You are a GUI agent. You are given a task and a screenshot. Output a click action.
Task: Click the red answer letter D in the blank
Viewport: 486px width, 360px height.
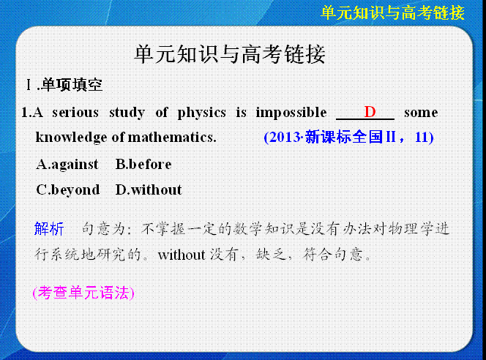[370, 112]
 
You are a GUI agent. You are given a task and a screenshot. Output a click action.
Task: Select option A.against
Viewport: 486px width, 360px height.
[67, 165]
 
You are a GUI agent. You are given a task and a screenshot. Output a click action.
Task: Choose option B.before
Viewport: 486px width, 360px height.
[143, 164]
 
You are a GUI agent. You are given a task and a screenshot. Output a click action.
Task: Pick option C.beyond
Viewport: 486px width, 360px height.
[68, 190]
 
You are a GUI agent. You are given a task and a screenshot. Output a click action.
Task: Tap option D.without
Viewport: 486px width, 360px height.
[149, 190]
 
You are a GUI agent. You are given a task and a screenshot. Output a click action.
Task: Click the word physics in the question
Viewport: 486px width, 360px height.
[201, 113]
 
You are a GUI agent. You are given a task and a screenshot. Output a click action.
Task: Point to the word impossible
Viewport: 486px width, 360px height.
[291, 113]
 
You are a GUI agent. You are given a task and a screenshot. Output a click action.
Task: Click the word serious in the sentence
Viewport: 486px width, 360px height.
[75, 113]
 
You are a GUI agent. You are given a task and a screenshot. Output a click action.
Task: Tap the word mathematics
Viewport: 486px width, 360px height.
[172, 138]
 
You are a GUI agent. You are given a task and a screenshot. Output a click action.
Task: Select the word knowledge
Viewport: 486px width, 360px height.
[72, 138]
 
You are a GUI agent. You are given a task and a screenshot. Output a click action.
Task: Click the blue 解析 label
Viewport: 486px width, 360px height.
[49, 229]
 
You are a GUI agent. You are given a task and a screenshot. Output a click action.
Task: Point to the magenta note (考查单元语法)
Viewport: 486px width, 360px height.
[83, 293]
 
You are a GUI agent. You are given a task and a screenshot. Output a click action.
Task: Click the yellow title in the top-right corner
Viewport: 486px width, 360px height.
[392, 13]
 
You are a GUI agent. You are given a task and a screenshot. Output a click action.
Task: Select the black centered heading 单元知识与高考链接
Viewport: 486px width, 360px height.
[230, 54]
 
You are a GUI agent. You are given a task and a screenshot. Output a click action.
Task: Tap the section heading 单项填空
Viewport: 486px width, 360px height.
[72, 85]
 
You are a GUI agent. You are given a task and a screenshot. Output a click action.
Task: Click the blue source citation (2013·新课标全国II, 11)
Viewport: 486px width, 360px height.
[348, 138]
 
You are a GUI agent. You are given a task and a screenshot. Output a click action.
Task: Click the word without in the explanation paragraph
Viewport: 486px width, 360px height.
[182, 255]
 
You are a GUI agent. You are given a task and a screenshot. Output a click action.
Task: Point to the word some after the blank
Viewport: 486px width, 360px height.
[421, 113]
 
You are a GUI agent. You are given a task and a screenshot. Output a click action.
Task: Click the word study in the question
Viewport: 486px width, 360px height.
[127, 113]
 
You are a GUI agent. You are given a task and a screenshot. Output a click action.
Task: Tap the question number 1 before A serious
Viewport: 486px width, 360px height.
[24, 113]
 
